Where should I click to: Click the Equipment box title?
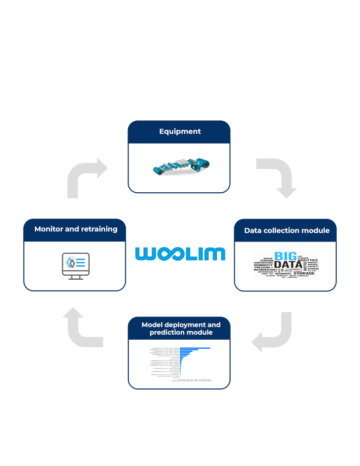(180, 131)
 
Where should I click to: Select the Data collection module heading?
(286, 230)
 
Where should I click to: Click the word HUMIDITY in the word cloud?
(263, 265)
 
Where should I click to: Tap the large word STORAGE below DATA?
(304, 274)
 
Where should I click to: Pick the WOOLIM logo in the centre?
(180, 254)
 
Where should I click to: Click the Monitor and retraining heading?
(76, 229)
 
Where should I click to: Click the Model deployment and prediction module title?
(181, 329)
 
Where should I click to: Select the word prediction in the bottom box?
(166, 333)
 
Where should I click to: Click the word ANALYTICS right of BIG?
(307, 260)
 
